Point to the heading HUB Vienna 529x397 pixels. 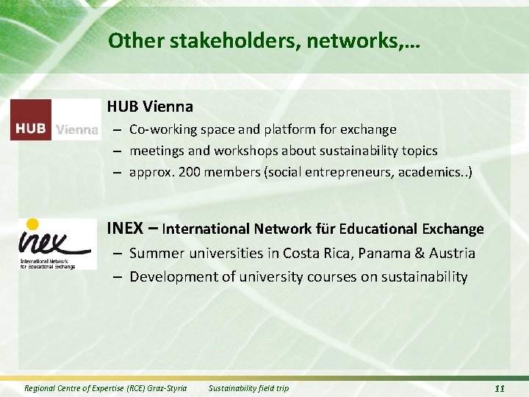[150, 107]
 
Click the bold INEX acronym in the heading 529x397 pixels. [125, 228]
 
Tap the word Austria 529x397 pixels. [452, 254]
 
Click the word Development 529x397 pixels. [174, 276]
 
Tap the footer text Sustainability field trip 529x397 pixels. [248, 388]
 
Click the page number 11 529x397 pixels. [500, 388]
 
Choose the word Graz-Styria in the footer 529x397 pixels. [167, 388]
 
